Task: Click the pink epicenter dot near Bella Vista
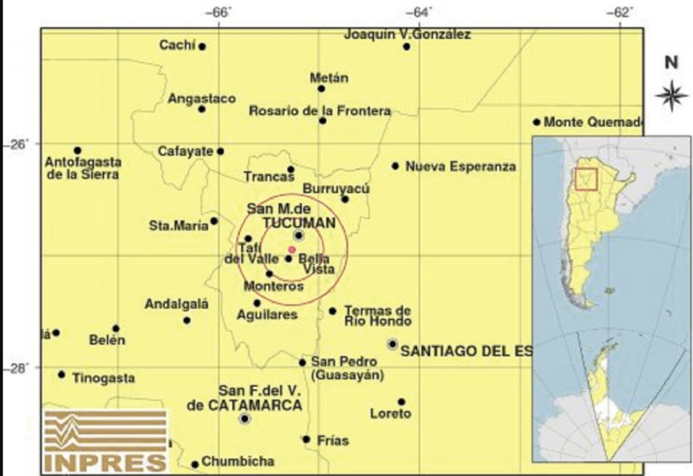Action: [292, 250]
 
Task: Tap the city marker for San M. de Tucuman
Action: [298, 235]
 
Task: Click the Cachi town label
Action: [177, 45]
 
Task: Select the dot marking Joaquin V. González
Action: [406, 47]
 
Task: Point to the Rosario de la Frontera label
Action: [319, 110]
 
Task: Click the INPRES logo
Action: [106, 440]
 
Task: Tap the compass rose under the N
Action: [671, 95]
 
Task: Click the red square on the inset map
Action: [585, 179]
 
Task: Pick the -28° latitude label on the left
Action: [12, 368]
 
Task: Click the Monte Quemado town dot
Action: [537, 123]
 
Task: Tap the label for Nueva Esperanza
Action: [460, 167]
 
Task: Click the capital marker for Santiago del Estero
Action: [393, 344]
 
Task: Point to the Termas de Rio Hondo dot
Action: [332, 311]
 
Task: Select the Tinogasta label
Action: [104, 378]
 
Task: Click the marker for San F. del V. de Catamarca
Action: [244, 418]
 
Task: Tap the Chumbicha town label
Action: [238, 462]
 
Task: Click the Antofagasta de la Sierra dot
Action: [78, 150]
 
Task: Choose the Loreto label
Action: [390, 414]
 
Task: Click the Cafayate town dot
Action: [220, 152]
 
